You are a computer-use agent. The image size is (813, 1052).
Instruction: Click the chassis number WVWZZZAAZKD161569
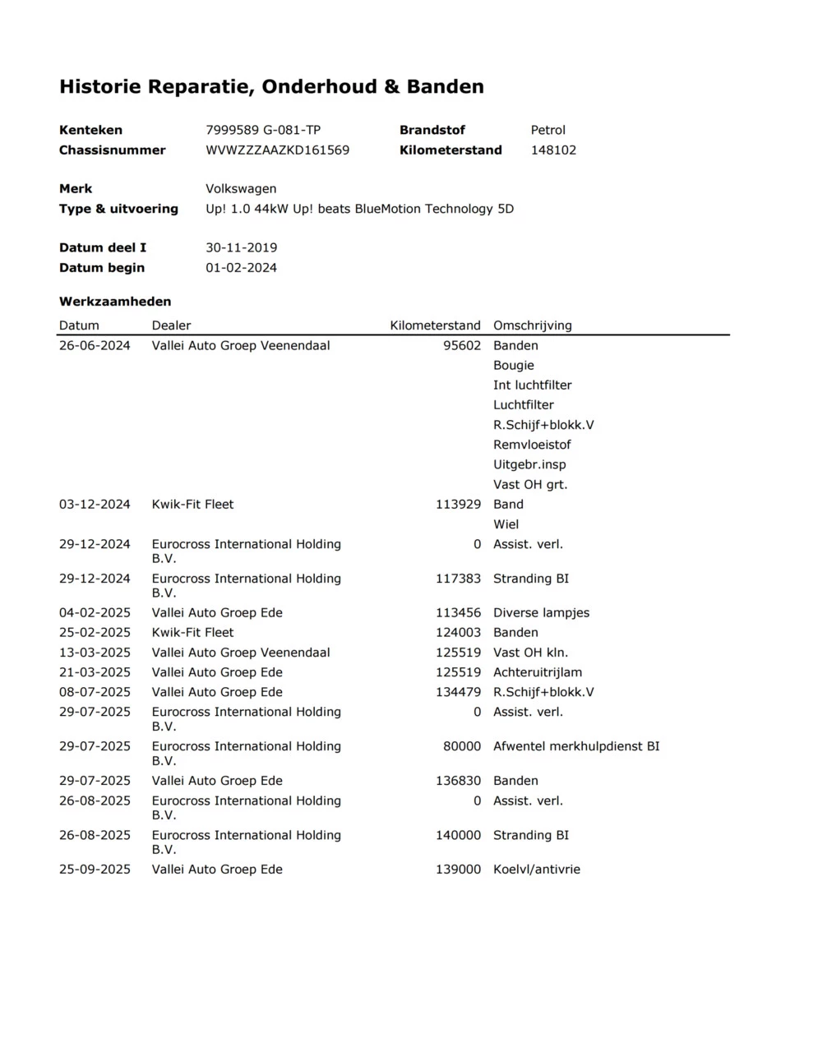coord(277,150)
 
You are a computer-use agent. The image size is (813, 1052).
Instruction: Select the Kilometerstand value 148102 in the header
coord(553,150)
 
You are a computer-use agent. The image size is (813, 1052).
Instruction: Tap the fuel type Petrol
coord(547,130)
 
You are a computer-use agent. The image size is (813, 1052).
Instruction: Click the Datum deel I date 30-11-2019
coord(241,247)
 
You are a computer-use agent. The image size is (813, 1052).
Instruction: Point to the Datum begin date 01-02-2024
coord(241,268)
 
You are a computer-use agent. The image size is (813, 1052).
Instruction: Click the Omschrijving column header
coord(532,325)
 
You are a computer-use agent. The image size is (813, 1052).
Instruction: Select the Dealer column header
coord(171,325)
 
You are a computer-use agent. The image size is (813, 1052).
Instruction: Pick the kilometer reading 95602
coord(462,346)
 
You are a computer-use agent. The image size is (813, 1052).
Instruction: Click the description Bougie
coord(513,366)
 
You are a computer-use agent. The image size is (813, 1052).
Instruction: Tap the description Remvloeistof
coord(531,445)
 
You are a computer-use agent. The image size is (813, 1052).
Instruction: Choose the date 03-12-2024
coord(95,505)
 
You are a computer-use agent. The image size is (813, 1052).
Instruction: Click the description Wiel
coord(506,524)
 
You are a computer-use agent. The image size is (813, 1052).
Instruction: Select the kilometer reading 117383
coord(458,579)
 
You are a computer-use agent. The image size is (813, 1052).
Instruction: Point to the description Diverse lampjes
coord(541,613)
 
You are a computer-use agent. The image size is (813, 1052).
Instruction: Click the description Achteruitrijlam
coord(537,672)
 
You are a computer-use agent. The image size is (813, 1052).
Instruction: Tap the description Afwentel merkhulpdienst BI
coord(575,746)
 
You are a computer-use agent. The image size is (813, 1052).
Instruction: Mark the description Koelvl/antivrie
coord(536,870)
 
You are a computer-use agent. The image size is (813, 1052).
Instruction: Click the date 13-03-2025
coord(95,653)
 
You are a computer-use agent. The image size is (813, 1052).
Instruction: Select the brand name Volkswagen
coord(241,189)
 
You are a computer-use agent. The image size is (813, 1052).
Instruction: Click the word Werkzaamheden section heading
coord(115,302)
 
